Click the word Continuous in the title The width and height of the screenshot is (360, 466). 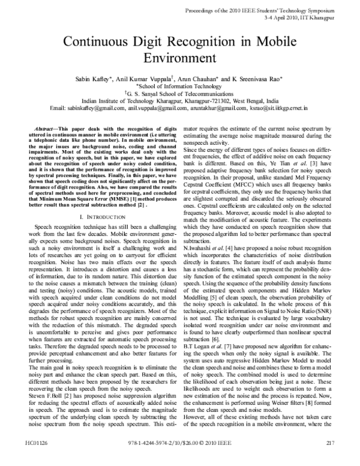[100, 43]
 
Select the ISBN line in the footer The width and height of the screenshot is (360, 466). [181, 460]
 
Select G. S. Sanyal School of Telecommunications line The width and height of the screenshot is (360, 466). [181, 94]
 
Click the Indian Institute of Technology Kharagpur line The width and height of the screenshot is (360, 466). [179, 101]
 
